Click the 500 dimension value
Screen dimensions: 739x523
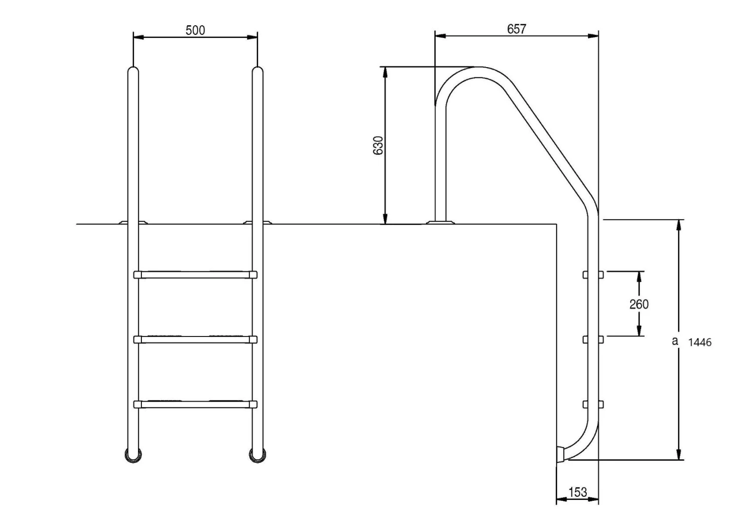[195, 31]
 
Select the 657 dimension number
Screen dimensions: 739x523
[516, 29]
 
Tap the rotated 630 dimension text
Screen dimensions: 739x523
[378, 146]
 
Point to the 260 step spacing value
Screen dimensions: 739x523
[638, 304]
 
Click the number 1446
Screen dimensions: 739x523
[700, 342]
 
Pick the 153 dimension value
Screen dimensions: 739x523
[578, 492]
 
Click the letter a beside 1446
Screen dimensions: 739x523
[674, 340]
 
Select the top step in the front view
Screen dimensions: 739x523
[195, 274]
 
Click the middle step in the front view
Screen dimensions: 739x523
[195, 339]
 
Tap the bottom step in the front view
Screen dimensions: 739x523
[195, 404]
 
